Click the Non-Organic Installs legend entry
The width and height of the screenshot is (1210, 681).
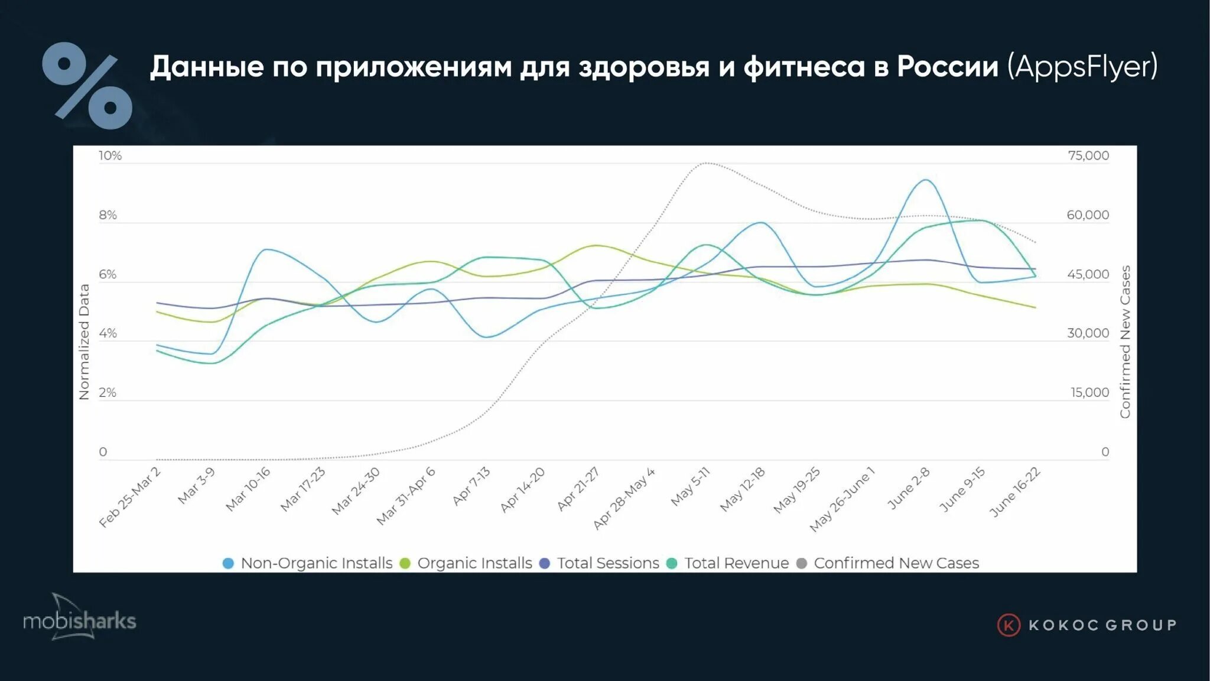[x=307, y=563]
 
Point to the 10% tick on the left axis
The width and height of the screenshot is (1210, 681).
[x=110, y=155]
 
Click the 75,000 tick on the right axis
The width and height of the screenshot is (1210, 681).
[x=1088, y=155]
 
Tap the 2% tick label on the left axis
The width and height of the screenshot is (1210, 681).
[x=108, y=393]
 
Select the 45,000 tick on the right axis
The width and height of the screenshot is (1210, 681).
[x=1088, y=274]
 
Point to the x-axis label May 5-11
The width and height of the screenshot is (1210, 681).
[x=690, y=487]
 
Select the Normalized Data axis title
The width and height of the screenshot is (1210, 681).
[x=84, y=342]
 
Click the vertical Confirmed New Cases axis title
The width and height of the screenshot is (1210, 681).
[x=1125, y=342]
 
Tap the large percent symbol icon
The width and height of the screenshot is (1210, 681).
[x=87, y=86]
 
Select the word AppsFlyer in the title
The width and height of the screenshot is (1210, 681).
[x=1082, y=66]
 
